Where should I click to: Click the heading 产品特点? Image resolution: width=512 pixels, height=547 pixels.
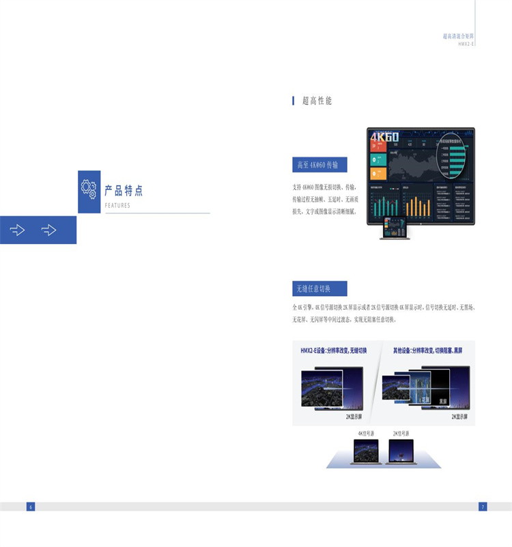pos(124,191)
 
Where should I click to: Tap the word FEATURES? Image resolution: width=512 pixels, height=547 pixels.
pos(117,205)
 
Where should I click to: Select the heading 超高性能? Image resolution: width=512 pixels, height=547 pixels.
pos(317,101)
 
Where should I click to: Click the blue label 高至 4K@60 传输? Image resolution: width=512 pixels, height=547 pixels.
pos(319,165)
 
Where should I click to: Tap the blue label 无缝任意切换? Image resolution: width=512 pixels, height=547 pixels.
pos(319,289)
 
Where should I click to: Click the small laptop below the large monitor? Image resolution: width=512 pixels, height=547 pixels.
pos(395,228)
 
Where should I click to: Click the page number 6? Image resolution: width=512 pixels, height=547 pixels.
pos(30,507)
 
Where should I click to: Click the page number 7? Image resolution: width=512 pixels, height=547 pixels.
pos(483,507)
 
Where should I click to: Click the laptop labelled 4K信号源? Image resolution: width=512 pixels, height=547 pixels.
pos(366,452)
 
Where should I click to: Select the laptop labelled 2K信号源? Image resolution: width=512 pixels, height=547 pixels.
pos(401,452)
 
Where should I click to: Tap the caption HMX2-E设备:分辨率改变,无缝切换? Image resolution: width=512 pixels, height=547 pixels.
pos(334,351)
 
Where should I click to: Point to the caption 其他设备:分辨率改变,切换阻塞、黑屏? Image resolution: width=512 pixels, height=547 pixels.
pos(427,351)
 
